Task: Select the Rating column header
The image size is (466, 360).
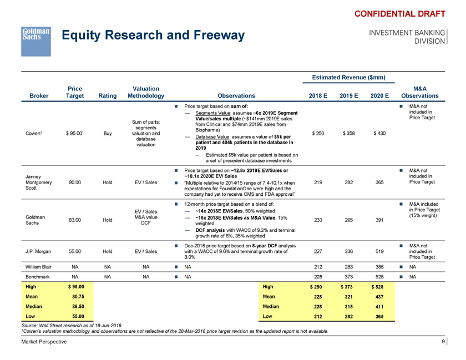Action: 107,95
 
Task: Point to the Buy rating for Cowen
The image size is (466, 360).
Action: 107,133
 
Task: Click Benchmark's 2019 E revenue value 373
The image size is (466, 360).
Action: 349,277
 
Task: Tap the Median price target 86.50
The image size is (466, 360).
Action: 75,306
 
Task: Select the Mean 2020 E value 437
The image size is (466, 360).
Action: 380,296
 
